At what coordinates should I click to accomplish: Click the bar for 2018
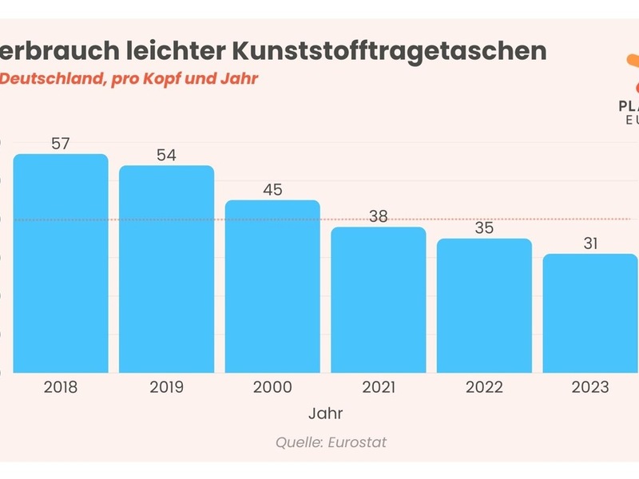click(x=61, y=263)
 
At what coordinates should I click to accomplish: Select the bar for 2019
click(x=167, y=269)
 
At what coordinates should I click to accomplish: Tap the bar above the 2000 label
click(x=272, y=287)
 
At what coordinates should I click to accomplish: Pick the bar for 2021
click(x=379, y=300)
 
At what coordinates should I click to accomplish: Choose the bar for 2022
click(x=484, y=306)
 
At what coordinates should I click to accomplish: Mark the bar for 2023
click(x=590, y=314)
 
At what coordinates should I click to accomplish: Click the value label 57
click(x=61, y=144)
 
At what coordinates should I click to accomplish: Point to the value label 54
click(x=166, y=156)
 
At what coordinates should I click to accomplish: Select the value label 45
click(x=272, y=190)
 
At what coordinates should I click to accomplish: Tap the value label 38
click(x=379, y=216)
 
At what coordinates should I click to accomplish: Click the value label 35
click(x=484, y=228)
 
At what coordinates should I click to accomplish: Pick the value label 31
click(x=590, y=243)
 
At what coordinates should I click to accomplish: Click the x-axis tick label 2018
click(x=61, y=387)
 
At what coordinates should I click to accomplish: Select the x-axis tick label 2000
click(x=272, y=387)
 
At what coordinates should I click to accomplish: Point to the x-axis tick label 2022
click(x=484, y=387)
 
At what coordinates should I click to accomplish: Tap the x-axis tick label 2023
click(x=590, y=387)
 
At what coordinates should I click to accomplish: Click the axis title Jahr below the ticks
click(x=325, y=414)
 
